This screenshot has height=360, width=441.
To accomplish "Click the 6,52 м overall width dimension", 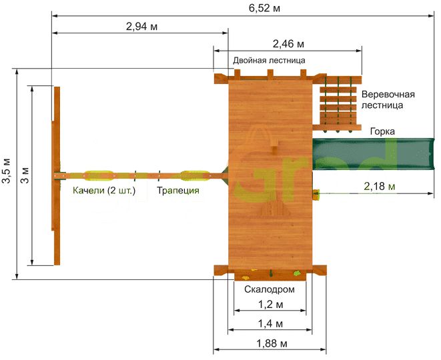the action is coord(264,8).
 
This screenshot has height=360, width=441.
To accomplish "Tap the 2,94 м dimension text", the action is coord(141,27).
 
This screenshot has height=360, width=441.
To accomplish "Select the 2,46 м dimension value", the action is coord(288,44).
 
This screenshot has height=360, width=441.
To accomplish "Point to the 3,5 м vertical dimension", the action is coord(7,171).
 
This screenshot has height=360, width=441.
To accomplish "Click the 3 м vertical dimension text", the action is coord(25,175).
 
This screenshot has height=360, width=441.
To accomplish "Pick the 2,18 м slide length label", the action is coord(380,186).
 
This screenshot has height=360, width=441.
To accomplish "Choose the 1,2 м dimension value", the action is coord(271,304).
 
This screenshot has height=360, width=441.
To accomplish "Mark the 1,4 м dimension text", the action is coord(270,324).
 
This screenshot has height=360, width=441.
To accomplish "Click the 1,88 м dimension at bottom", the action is coord(272,343).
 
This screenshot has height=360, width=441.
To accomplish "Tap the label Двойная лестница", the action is coord(269,61).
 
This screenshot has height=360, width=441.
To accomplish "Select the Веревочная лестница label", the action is coord(388,99).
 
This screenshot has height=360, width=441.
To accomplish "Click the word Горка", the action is coord(382,131).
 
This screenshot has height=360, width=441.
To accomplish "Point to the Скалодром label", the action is coord(270,289).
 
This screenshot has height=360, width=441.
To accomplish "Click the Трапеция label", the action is coord(178,190).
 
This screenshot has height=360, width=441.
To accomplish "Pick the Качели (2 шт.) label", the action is coord(104,190).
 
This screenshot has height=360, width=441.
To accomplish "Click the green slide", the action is coord(373,154).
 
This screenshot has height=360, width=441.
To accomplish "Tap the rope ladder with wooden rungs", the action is coord(337,103).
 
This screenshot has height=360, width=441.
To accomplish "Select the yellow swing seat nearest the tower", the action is coord(195,175).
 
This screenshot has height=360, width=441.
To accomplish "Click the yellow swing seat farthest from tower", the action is coord(99,175).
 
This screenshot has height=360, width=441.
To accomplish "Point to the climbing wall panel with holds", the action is coord(270,275).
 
